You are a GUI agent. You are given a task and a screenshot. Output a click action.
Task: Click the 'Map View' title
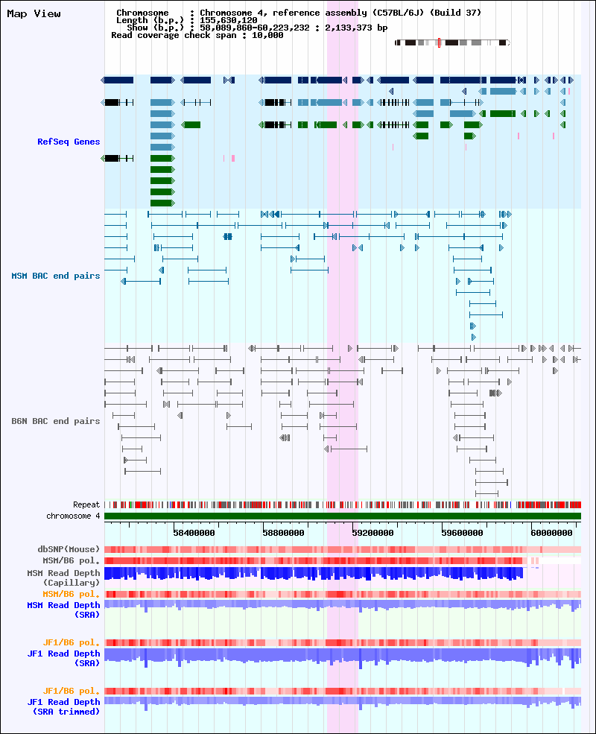pos(34,13)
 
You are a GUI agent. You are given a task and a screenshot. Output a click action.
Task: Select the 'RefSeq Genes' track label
pos(69,142)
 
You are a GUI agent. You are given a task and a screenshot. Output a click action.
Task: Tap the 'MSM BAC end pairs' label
pos(56,276)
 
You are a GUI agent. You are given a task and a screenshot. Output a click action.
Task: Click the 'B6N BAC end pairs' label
pos(56,421)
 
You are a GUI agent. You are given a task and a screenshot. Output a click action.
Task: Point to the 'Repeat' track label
pos(86,504)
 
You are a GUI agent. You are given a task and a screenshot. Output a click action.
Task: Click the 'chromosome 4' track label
pos(73,516)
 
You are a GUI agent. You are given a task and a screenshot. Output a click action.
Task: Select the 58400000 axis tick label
pos(194,533)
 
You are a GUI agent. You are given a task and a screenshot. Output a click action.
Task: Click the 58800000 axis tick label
pos(284,533)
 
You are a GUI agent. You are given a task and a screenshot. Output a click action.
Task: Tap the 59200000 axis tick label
pos(372,533)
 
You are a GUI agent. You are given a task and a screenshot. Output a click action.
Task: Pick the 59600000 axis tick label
pos(462,533)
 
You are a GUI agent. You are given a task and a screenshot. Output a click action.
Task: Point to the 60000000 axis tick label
pos(551,533)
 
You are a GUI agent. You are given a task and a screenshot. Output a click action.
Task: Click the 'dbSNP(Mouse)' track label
pos(69,549)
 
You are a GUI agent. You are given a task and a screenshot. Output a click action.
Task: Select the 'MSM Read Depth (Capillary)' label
pos(63,578)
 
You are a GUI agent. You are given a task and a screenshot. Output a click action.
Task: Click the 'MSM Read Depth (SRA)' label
pos(63,610)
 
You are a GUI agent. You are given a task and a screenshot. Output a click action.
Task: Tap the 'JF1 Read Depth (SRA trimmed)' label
pos(63,706)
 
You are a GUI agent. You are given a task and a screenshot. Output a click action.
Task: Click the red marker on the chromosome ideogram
pos(439,42)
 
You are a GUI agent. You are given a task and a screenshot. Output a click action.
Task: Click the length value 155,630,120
pos(228,20)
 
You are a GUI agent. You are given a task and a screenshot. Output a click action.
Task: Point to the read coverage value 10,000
pos(267,35)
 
